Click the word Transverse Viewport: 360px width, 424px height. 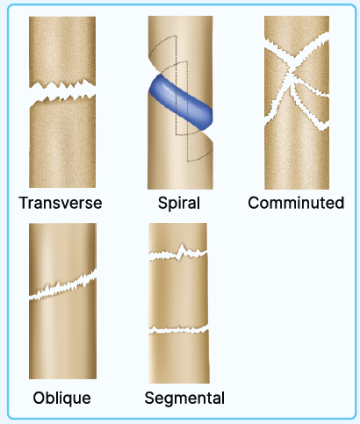[x=61, y=203]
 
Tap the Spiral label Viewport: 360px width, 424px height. [x=179, y=203]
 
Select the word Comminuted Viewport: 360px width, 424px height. [x=296, y=203]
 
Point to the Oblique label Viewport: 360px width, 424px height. [x=61, y=398]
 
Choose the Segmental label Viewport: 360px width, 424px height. [x=184, y=399]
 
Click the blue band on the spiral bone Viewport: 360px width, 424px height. [x=180, y=102]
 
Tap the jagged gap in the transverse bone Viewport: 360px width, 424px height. [x=62, y=91]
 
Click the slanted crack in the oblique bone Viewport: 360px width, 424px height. [x=62, y=285]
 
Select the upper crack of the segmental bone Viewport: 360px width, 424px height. [x=178, y=254]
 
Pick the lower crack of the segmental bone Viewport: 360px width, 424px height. [x=178, y=331]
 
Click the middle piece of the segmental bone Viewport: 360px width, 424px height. [x=178, y=292]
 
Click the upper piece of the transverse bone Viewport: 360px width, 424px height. [x=62, y=50]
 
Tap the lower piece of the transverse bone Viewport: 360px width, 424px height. [x=62, y=143]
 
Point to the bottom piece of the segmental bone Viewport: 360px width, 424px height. [x=179, y=357]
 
